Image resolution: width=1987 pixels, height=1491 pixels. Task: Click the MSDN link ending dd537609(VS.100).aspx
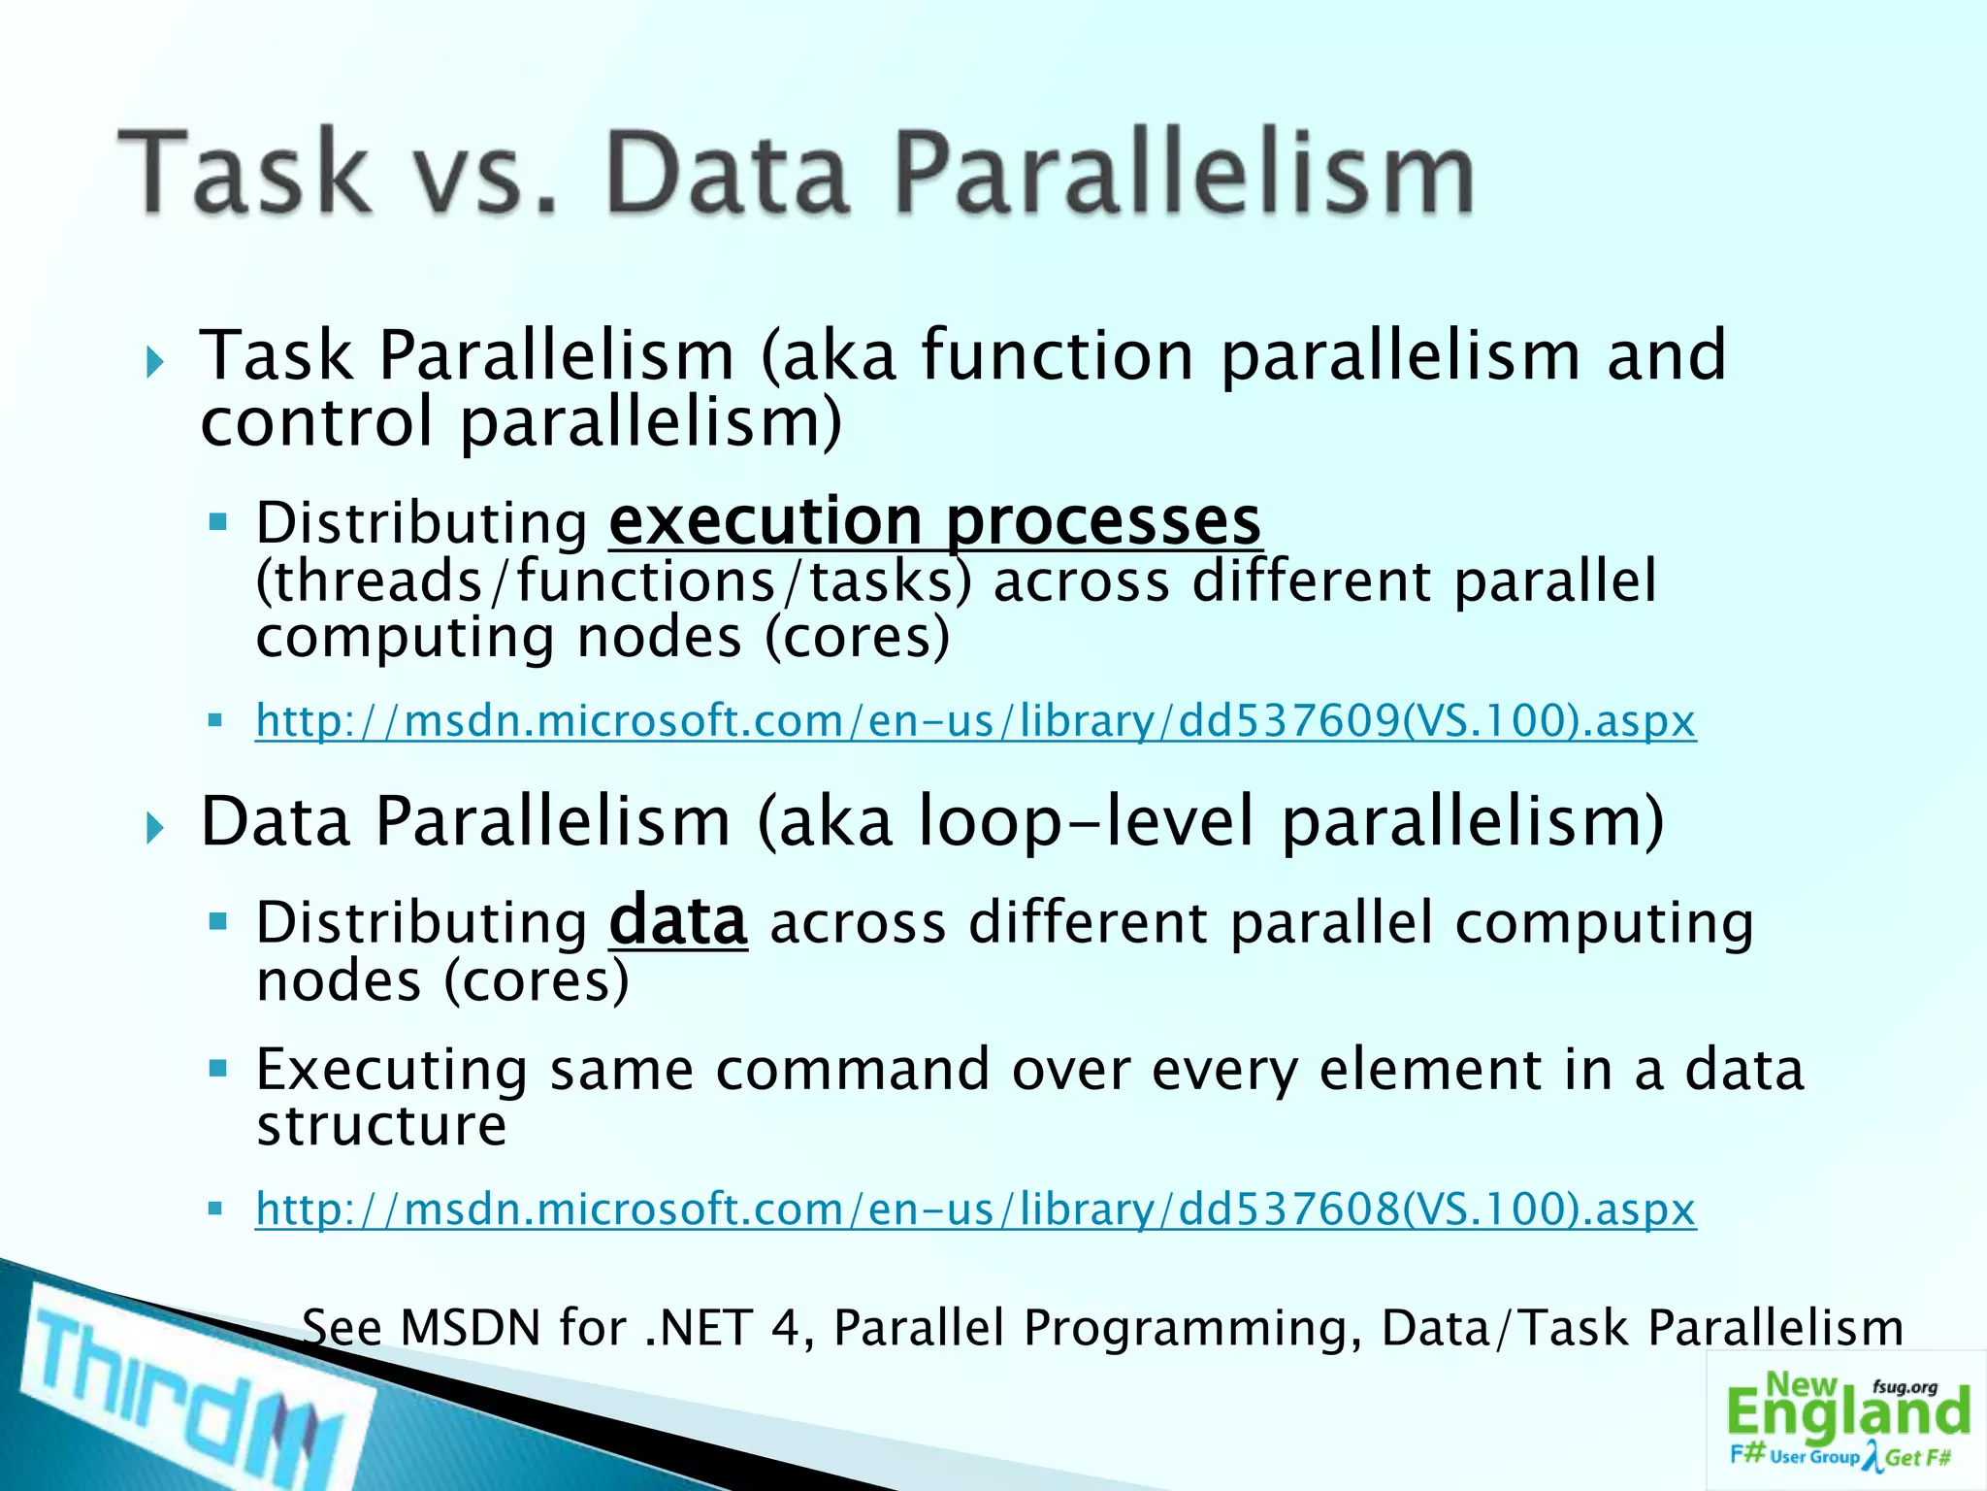pos(975,721)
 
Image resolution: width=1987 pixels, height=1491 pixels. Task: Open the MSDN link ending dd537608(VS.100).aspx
pos(975,1209)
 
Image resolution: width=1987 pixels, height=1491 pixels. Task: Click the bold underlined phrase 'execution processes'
pos(934,521)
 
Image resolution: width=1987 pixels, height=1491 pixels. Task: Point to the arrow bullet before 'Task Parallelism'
pos(154,364)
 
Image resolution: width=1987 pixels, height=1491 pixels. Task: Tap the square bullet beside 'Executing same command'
pos(217,1070)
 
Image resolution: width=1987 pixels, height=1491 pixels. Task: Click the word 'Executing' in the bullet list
pos(392,1071)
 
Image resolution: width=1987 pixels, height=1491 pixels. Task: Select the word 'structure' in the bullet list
pos(381,1126)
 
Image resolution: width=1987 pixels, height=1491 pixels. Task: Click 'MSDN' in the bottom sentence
pos(470,1328)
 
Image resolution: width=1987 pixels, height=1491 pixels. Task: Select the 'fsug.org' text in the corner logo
pos(1905,1387)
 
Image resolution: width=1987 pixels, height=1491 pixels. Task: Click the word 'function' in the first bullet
pos(1057,355)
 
